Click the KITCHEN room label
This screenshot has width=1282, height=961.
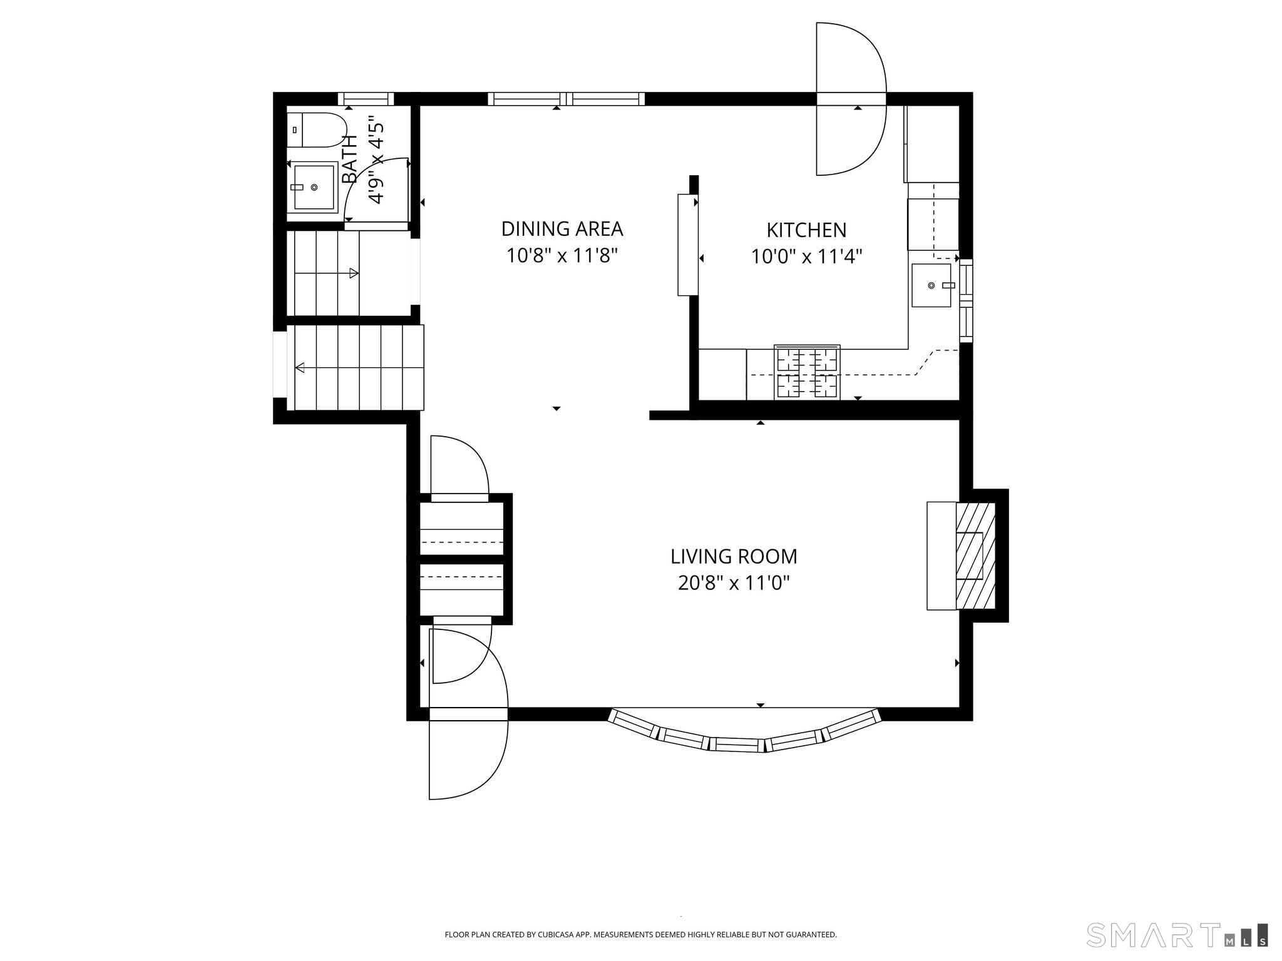pos(806,230)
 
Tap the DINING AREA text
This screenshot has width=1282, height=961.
pos(562,229)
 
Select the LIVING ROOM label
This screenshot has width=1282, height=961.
pos(734,556)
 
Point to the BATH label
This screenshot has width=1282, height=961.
pos(350,159)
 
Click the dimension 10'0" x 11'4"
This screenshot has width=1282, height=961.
pos(806,257)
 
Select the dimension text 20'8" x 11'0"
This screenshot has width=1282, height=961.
pos(734,583)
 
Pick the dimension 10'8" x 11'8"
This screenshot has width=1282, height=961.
pos(562,256)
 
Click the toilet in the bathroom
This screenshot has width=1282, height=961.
pos(316,130)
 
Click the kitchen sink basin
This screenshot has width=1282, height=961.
pos(931,285)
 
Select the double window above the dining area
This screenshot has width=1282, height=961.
pos(566,98)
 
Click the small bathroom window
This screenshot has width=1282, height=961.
pos(366,98)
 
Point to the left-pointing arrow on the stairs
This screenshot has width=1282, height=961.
pos(300,367)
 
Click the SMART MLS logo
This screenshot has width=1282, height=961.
pos(1177,935)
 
